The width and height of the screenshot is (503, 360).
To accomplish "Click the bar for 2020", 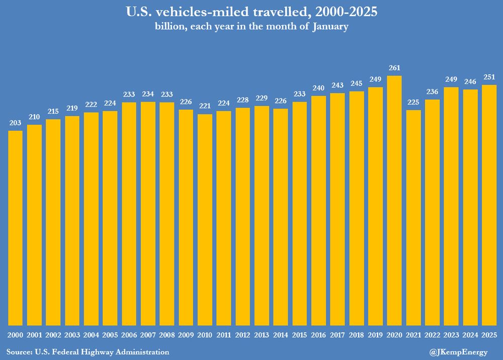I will coord(394,201).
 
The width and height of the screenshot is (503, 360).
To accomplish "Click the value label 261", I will coord(394,68).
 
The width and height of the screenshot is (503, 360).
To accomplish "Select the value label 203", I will coord(16,123).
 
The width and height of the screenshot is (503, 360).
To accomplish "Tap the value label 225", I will coord(413,102).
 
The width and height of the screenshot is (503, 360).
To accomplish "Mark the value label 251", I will coord(489,77).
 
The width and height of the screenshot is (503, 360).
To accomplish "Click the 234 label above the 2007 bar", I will coord(148,94).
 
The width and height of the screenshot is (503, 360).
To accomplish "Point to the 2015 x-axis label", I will coord(299,335).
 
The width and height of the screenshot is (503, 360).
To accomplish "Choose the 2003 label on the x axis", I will coord(72,335).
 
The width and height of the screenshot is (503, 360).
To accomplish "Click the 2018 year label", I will coord(357,335).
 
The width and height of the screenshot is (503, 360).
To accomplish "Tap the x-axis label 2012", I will coord(242,335).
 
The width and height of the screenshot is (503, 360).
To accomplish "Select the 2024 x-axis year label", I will coord(470,335).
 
